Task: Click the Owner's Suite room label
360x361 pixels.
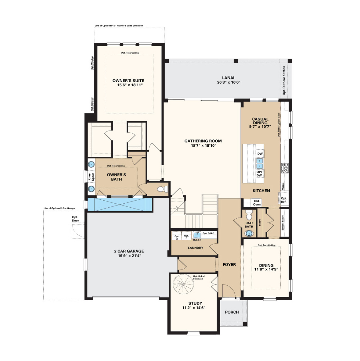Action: (x=128, y=81)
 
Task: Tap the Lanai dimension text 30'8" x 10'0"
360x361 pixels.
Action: (x=229, y=82)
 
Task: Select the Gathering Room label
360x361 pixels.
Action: (x=203, y=141)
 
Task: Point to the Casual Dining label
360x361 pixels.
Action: (x=260, y=121)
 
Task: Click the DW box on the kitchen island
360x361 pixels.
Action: (x=260, y=154)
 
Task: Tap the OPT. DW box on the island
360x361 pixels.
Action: (x=259, y=173)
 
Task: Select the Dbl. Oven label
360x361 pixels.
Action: (x=257, y=203)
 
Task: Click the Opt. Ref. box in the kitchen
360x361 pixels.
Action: (x=284, y=200)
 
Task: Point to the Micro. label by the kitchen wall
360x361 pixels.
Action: (x=283, y=186)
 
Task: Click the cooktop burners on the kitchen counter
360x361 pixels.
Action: (x=285, y=168)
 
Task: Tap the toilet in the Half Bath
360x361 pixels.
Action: (x=249, y=216)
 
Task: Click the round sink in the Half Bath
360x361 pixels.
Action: (x=250, y=234)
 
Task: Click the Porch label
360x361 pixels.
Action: (x=232, y=312)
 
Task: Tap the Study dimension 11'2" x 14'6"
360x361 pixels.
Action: (x=194, y=308)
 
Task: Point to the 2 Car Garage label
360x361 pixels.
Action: (x=129, y=251)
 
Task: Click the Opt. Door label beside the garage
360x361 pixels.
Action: (x=75, y=219)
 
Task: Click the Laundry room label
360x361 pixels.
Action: (x=196, y=248)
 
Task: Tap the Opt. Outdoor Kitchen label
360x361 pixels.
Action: (x=284, y=80)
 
